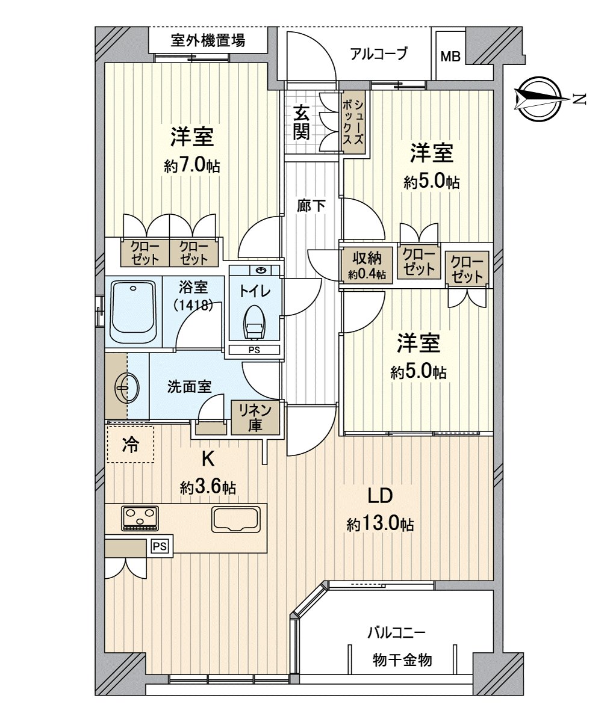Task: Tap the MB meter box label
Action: click(450, 57)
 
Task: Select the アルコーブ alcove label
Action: click(379, 54)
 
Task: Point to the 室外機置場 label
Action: click(207, 42)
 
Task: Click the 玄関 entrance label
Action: click(301, 122)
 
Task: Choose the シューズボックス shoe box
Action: click(353, 122)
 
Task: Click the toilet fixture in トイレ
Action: click(254, 322)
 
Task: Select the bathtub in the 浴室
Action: click(133, 311)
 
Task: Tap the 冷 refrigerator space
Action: click(130, 445)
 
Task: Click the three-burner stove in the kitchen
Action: click(140, 518)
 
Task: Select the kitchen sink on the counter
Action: click(235, 519)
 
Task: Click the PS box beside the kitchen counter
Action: click(159, 546)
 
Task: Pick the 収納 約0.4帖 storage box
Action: click(367, 265)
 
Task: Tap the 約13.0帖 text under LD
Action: click(379, 524)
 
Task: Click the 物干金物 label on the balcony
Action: click(402, 659)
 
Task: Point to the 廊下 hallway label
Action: click(311, 206)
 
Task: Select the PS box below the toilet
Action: click(254, 350)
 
